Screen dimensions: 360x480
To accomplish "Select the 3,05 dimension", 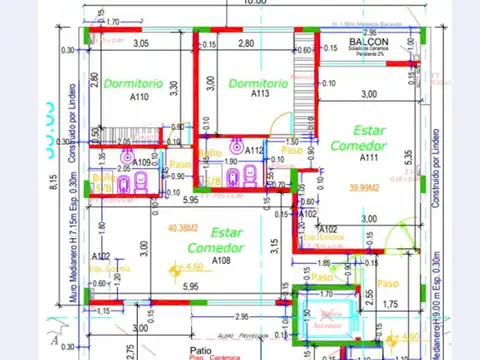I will pos(141,43).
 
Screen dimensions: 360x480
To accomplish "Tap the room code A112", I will pos(254,150).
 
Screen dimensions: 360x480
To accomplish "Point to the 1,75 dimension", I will pos(391,304).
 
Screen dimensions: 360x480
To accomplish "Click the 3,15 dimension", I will pos(270,247).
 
